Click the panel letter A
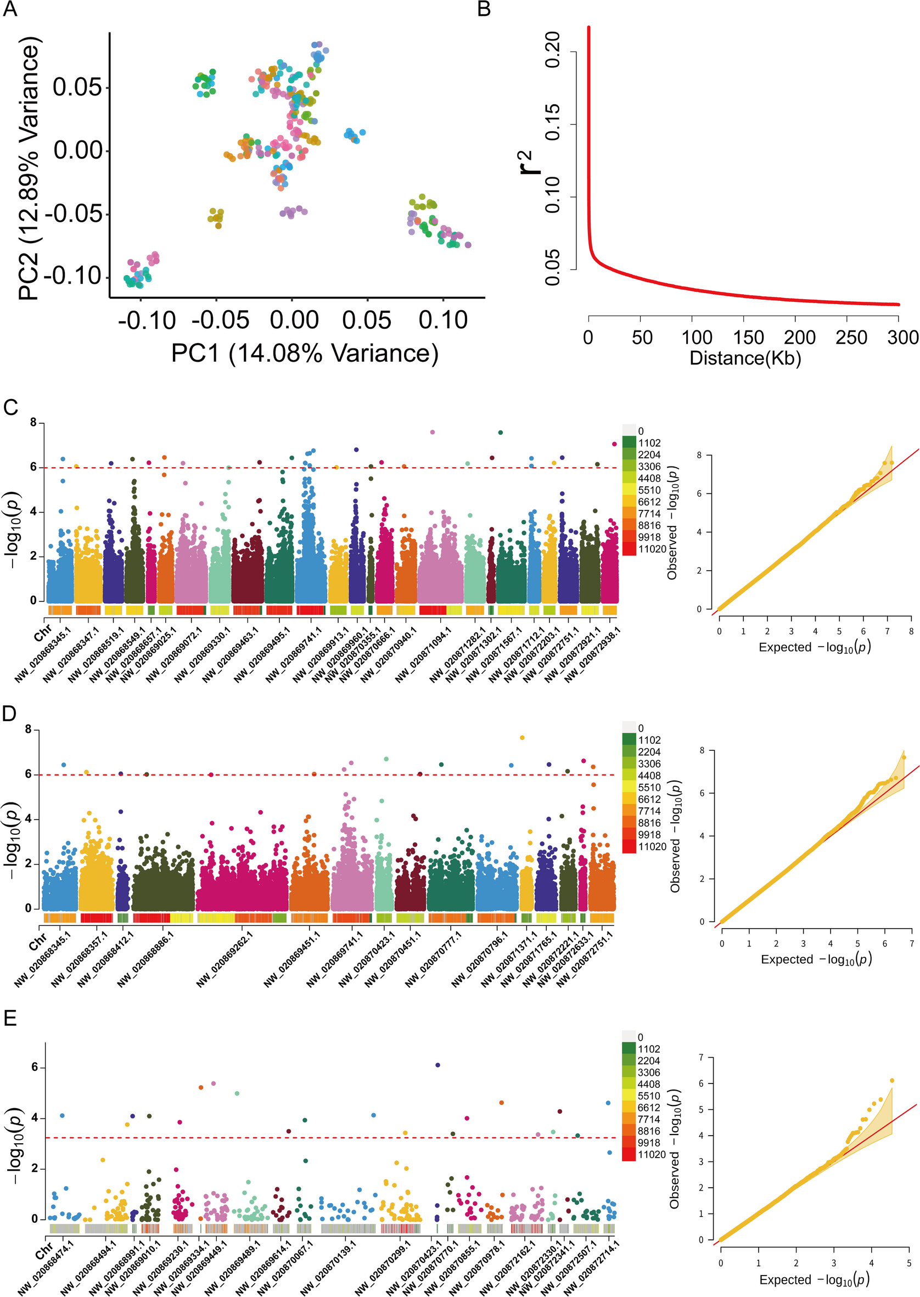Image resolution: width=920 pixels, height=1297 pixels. [11, 10]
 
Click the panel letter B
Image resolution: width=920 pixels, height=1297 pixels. [484, 10]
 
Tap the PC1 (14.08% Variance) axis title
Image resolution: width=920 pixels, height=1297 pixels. [305, 353]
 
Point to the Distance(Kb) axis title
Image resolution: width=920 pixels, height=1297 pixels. [745, 358]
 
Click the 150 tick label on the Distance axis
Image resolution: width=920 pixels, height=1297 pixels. [748, 338]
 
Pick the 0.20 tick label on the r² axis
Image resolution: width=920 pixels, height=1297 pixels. [552, 50]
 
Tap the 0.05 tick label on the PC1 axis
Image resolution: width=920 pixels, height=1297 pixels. [367, 321]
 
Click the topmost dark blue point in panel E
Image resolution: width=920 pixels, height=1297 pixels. [437, 1065]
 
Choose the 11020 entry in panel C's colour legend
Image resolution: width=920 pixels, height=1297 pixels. [652, 549]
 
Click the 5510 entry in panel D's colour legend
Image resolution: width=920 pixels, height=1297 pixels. [649, 787]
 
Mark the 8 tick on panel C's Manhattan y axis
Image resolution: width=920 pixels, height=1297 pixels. [33, 423]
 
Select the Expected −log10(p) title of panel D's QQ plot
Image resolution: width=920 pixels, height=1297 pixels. [816, 958]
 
